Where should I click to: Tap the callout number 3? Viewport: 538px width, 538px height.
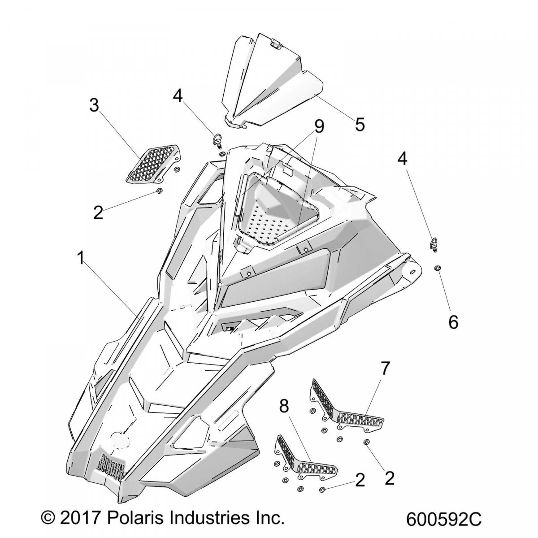94,105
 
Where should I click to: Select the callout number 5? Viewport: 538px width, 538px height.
360,124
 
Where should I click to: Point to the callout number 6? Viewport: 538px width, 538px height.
453,321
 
